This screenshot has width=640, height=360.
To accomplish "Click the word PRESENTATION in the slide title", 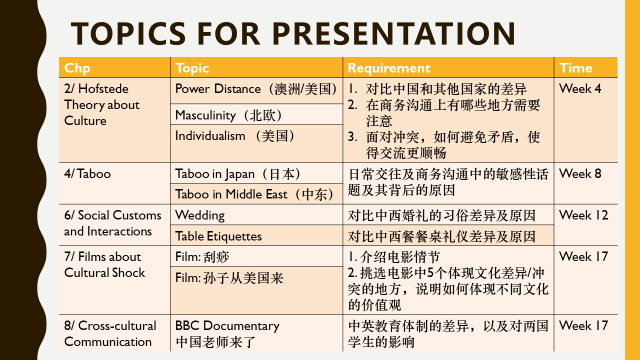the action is coord(394,33).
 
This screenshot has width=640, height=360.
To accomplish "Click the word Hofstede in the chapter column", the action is coord(103,89).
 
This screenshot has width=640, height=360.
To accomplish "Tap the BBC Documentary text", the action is coord(227,326).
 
